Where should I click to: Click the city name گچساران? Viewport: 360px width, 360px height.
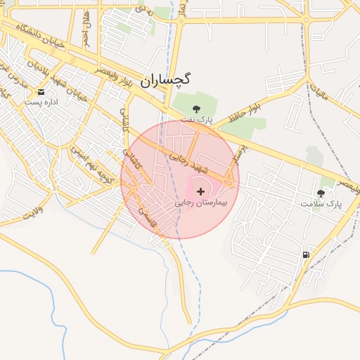(x=165, y=80)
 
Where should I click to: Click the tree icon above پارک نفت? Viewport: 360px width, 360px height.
(x=196, y=108)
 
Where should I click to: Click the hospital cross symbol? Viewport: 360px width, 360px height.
(x=201, y=191)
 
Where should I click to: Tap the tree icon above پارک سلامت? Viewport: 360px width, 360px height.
(x=321, y=193)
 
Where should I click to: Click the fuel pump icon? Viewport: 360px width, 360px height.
(x=306, y=255)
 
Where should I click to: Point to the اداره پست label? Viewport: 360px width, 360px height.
(x=40, y=102)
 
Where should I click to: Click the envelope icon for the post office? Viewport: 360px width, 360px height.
(x=41, y=92)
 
